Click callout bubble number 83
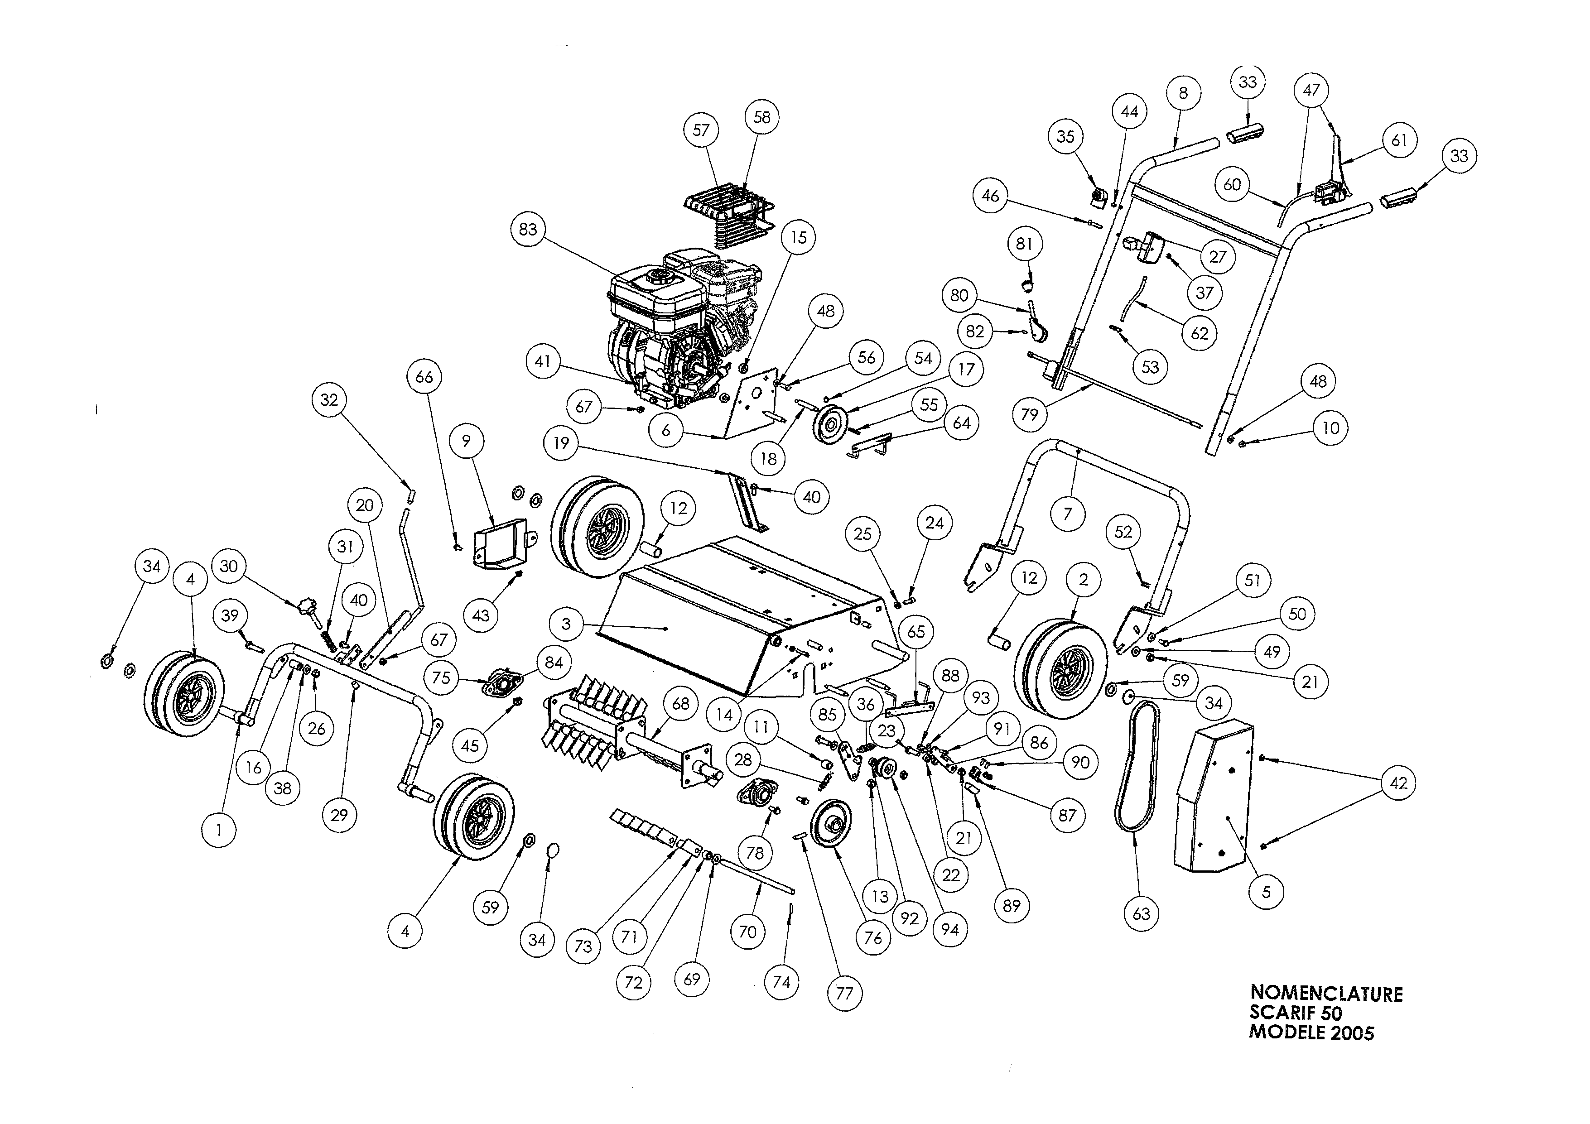pyautogui.click(x=528, y=229)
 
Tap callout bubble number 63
pyautogui.click(x=1141, y=913)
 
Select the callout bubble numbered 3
pyautogui.click(x=566, y=624)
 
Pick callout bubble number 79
pyautogui.click(x=1030, y=414)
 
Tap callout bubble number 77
pyautogui.click(x=844, y=993)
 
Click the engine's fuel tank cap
pyautogui.click(x=654, y=281)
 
